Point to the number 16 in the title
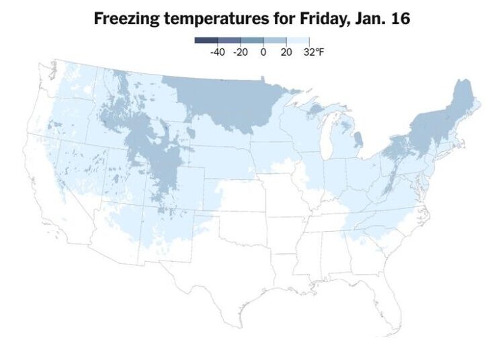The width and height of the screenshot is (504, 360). click(x=401, y=19)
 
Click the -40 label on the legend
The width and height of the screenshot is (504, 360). click(x=217, y=51)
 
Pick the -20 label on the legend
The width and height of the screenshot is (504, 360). click(x=240, y=51)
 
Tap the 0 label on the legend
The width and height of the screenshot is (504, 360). click(x=263, y=51)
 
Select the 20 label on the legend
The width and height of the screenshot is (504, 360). click(x=286, y=51)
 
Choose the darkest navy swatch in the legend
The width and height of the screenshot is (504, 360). click(x=206, y=40)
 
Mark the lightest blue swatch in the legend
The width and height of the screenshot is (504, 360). click(x=298, y=40)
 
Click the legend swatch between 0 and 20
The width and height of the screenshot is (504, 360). click(x=275, y=40)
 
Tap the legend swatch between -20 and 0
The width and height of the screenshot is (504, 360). click(x=252, y=40)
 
